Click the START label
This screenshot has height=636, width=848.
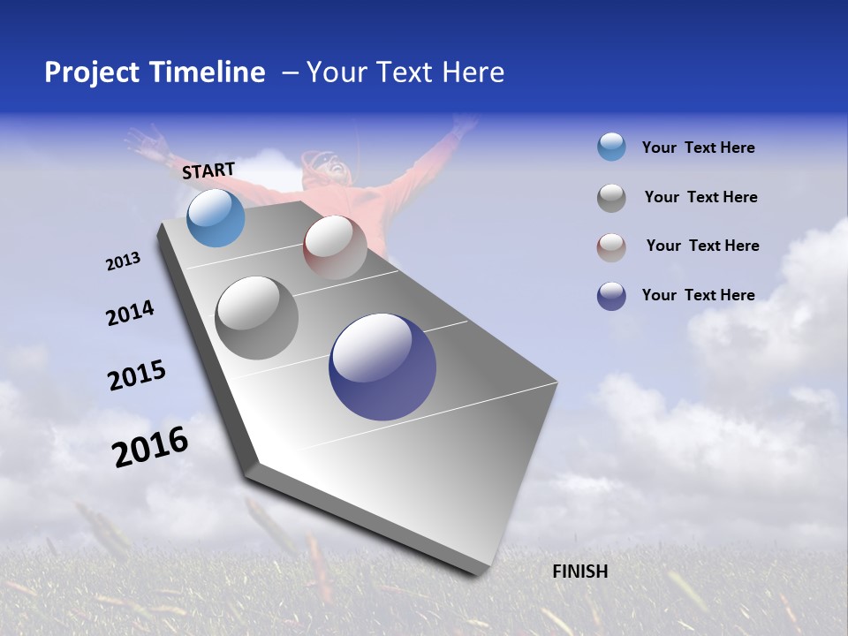tap(208, 170)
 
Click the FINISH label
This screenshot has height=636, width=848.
tap(579, 572)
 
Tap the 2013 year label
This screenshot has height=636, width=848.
tap(123, 261)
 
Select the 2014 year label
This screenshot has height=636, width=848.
tap(130, 314)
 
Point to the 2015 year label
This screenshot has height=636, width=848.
tap(137, 375)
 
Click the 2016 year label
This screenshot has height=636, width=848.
tap(150, 447)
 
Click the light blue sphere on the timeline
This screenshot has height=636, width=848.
tap(216, 217)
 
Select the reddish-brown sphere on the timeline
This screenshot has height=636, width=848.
tap(335, 246)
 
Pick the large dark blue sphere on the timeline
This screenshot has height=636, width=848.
tap(382, 367)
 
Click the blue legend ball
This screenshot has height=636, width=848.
tap(611, 148)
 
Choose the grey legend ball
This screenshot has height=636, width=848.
tap(611, 198)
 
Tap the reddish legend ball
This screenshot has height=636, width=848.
tap(611, 246)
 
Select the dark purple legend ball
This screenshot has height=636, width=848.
tap(611, 296)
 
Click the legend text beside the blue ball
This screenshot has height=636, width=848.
tap(698, 148)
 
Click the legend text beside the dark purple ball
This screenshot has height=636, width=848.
tap(698, 295)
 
